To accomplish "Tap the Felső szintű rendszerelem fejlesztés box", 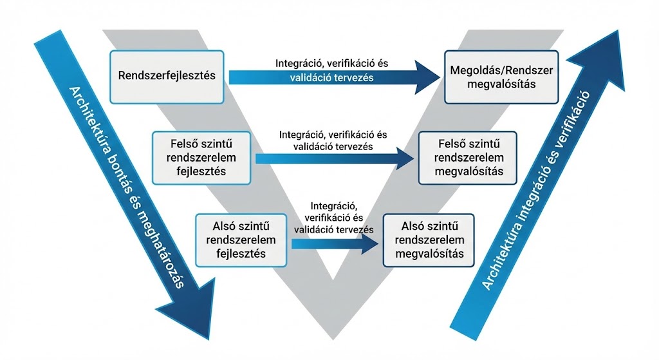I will [x=201, y=157].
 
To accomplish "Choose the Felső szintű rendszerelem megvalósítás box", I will [x=469, y=157].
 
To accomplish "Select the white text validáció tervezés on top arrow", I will [x=331, y=77].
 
